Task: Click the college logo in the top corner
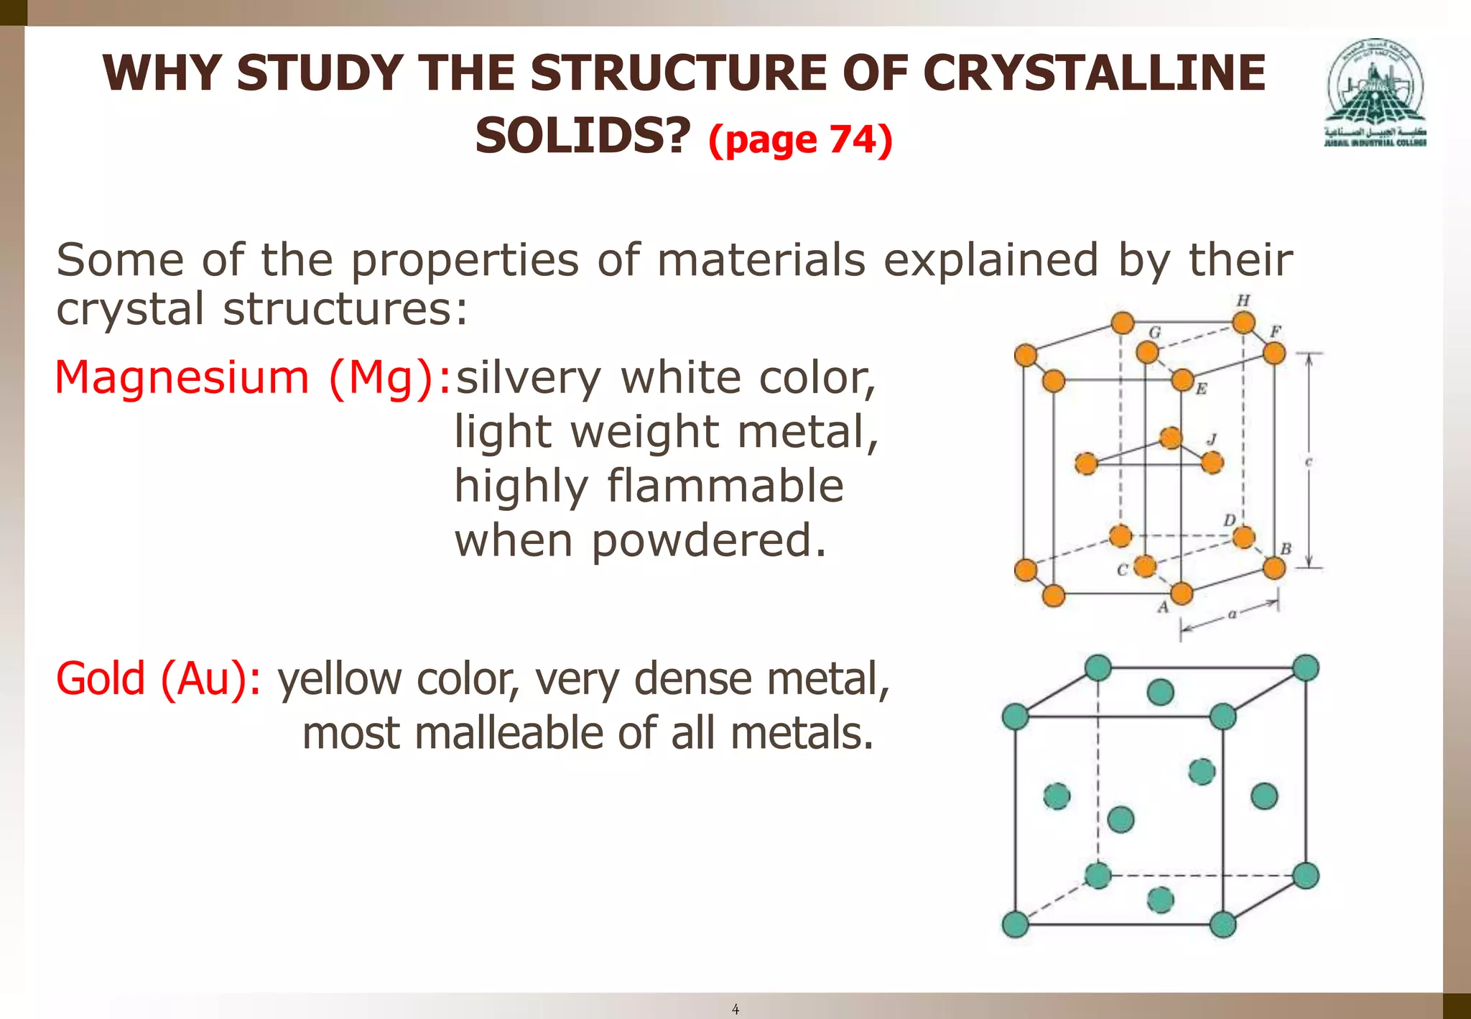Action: coord(1375,93)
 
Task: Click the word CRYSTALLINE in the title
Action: coord(1093,73)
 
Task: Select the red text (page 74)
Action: coord(800,139)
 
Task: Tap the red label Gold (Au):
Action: coord(159,678)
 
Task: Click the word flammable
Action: coord(725,486)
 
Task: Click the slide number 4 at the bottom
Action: coord(735,1010)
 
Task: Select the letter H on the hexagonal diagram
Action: coord(1243,300)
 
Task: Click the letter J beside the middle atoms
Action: coord(1212,439)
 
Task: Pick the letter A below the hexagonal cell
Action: coord(1163,608)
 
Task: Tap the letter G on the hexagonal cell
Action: coord(1155,332)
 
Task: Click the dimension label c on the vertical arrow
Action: coord(1308,463)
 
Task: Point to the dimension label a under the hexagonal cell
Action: coord(1232,614)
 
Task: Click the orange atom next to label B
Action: coord(1273,568)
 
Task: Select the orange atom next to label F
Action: coord(1273,353)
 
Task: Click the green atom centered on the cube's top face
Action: coord(1161,692)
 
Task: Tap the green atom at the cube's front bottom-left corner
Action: coord(1015,924)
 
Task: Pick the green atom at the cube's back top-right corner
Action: coord(1305,668)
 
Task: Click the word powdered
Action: coord(707,540)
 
